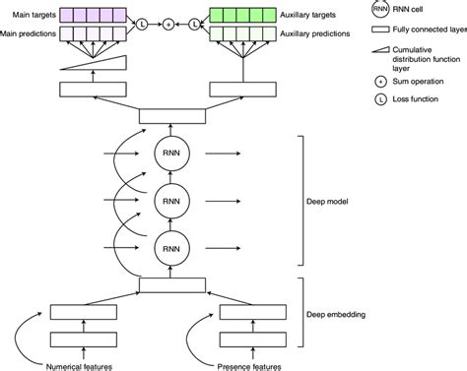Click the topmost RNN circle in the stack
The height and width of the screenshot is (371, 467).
pyautogui.click(x=171, y=154)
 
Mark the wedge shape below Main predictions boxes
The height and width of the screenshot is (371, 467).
pyautogui.click(x=94, y=63)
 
